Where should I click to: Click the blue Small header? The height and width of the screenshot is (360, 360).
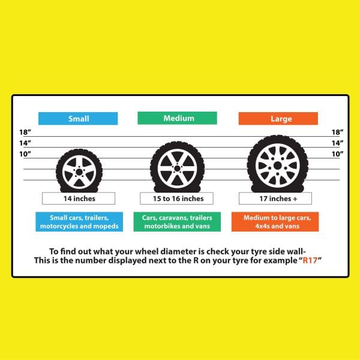78,118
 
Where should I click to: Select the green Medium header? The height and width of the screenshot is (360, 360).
177,118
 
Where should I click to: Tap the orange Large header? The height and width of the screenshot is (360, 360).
278,118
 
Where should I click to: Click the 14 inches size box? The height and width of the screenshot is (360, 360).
79,198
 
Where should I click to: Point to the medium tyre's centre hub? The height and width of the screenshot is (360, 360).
174,166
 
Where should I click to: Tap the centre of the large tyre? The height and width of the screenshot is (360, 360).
277,164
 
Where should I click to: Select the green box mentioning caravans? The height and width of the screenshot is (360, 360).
177,222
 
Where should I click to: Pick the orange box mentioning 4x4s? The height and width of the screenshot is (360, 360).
275,222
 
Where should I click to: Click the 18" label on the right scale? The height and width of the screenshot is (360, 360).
337,132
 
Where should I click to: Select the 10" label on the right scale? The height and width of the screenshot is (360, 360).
337,154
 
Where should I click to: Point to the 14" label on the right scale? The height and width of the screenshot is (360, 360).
337,143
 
